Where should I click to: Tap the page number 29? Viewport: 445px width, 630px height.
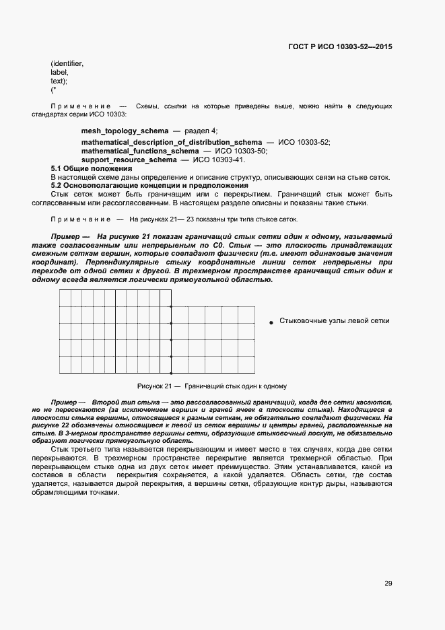coord(388,583)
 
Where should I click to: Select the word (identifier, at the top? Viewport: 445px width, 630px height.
coord(67,63)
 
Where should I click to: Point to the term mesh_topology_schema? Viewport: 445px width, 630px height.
coord(125,130)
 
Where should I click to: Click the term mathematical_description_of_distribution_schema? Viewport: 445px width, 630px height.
coord(171,143)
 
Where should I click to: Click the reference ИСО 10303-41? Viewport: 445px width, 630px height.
coord(219,160)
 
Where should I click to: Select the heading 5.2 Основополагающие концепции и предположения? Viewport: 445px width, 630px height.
coord(150,185)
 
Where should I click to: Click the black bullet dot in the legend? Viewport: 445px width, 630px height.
coord(272,322)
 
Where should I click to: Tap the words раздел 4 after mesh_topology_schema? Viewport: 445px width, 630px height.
coord(201,130)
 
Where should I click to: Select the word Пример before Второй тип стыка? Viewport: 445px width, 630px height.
coord(65,400)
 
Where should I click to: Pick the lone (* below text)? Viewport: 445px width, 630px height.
coord(53,90)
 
